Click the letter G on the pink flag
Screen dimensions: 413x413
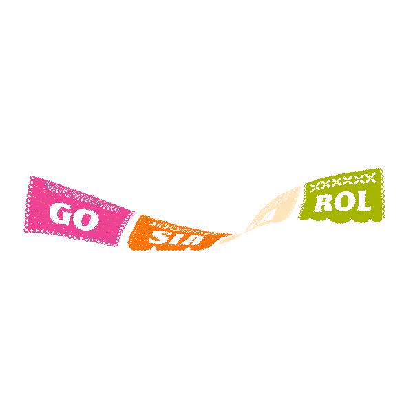[65, 215]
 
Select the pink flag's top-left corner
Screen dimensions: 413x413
[32, 178]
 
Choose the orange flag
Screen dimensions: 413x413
[172, 234]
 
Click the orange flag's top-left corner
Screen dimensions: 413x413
[139, 217]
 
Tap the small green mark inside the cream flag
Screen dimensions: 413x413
[270, 215]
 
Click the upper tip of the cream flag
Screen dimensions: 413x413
[300, 186]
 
